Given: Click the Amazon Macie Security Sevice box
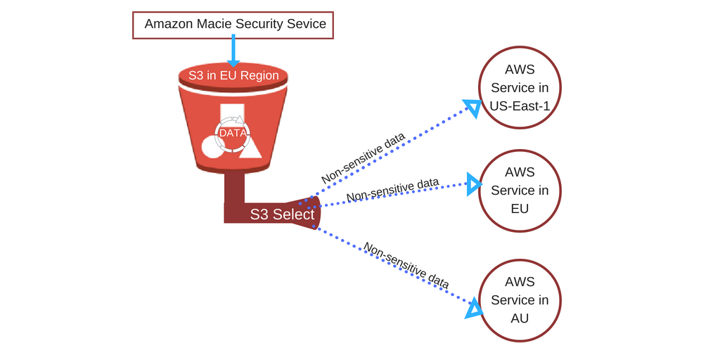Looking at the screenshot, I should point(233,25).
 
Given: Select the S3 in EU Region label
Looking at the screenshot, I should point(233,76).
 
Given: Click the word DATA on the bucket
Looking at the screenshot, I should point(233,133).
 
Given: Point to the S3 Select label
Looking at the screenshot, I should point(282,214).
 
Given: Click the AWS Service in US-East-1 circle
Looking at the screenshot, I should point(520,88).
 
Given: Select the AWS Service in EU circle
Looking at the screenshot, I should point(520,191).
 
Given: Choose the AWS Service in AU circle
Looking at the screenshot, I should point(520,300).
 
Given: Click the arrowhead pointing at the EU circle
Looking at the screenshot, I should point(474,184).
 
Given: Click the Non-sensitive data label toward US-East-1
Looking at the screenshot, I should point(364,157).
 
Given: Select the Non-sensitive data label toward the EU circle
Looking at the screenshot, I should point(392,188).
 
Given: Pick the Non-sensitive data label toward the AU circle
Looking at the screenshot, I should point(406,265).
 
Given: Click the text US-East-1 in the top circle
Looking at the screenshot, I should point(520,106).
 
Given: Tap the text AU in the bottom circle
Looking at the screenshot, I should point(520,319).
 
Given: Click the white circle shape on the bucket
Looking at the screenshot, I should point(212,146).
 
